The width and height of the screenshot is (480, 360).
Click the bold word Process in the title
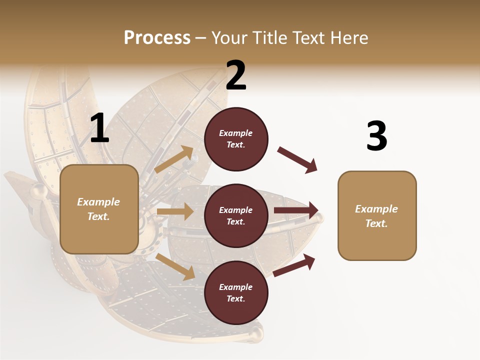[157, 37]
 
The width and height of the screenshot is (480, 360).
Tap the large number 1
[99, 128]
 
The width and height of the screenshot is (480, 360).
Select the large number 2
[236, 75]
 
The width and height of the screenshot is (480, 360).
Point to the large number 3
[376, 136]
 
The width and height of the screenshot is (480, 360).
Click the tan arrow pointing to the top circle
[173, 159]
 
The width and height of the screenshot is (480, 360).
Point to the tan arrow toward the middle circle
[175, 211]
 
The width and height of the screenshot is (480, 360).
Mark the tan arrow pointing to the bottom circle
[175, 266]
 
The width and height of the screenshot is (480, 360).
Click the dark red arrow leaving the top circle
[297, 160]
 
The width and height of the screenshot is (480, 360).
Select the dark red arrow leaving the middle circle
[296, 210]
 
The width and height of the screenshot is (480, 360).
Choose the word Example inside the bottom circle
[236, 287]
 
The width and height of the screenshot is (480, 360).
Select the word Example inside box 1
[98, 202]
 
